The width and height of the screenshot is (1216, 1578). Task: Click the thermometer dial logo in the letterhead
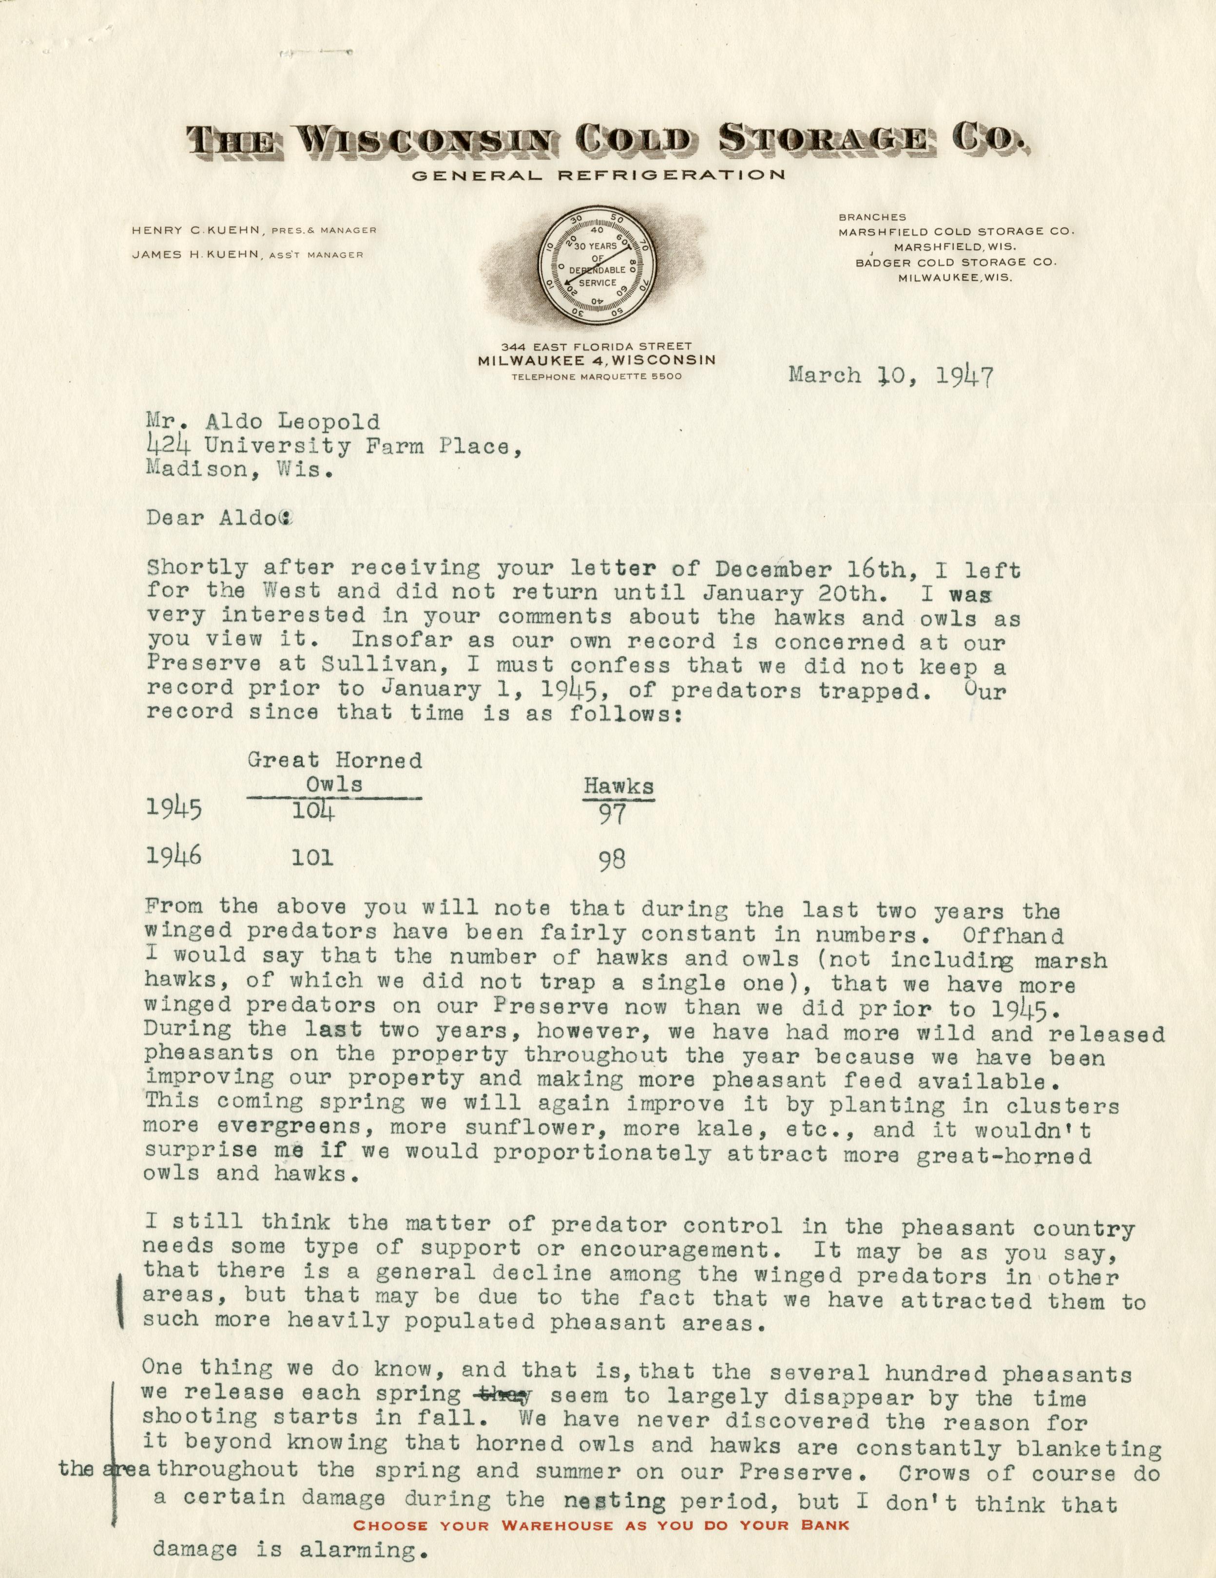(597, 268)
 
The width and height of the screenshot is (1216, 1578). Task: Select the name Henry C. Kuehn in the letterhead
(196, 230)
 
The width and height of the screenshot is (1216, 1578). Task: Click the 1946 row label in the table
(174, 857)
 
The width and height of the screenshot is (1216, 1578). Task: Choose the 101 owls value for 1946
(312, 858)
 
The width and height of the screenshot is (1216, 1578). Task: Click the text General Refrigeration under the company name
(597, 175)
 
